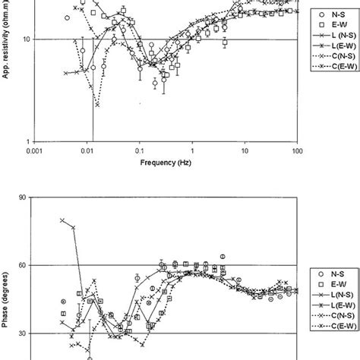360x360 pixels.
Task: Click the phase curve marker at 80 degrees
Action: pos(62,220)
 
